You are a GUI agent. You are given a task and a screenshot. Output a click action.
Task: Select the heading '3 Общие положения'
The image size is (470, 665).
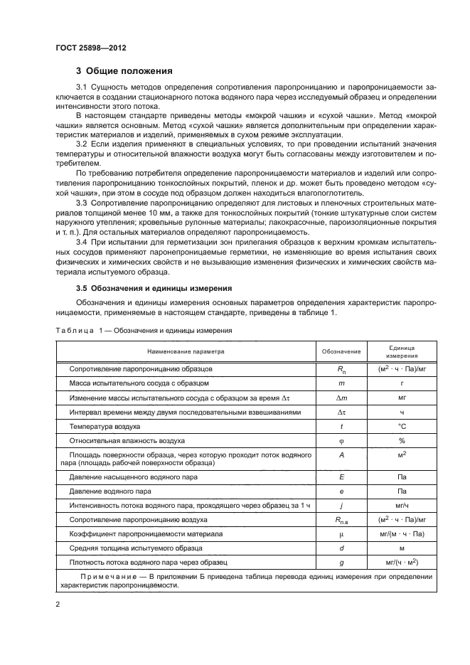tap(124, 71)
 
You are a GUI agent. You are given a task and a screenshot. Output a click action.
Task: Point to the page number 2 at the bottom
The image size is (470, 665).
tap(58, 604)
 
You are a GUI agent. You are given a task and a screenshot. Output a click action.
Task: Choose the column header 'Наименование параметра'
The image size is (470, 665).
tap(186, 351)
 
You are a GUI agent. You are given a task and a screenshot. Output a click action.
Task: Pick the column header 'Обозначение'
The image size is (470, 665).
tap(341, 351)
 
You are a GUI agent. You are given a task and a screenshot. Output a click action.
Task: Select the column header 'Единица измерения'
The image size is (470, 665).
tap(402, 351)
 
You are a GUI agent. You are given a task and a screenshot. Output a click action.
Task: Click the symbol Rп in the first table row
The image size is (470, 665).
tap(341, 370)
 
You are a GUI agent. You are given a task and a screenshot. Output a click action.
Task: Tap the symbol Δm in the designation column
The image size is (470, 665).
tap(341, 398)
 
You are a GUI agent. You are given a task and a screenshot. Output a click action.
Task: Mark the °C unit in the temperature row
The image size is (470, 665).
tap(402, 426)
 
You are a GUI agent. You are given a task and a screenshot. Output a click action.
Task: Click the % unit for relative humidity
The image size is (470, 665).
tap(402, 440)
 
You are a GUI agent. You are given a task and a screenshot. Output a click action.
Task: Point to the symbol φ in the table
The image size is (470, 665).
tap(341, 440)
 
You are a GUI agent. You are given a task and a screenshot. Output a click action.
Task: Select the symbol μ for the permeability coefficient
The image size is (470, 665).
tap(341, 533)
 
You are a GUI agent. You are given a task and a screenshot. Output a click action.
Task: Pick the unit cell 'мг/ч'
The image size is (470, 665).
tap(402, 505)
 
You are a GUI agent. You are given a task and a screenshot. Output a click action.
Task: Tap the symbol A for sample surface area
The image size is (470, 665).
tap(341, 454)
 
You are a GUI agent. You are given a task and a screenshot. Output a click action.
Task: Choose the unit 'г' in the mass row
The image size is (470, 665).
tap(402, 384)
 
